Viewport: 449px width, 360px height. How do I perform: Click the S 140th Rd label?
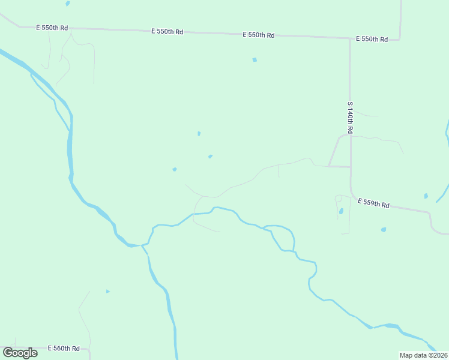349,117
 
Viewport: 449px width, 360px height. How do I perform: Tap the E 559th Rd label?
373,203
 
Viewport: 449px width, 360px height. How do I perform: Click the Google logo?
20,352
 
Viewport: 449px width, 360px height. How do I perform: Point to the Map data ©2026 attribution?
424,355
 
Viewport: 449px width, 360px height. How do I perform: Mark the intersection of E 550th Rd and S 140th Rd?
350,39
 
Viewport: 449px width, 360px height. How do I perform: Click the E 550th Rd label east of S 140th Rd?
372,39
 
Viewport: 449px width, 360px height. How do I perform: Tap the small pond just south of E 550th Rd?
255,59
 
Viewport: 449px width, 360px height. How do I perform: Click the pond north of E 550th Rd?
67,4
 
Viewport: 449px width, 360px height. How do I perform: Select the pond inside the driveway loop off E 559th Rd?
341,211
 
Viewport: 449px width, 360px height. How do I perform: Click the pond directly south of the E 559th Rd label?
383,229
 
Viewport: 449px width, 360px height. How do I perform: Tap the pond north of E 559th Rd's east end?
426,196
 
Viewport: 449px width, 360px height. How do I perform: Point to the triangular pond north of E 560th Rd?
107,292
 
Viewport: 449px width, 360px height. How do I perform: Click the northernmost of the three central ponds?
199,133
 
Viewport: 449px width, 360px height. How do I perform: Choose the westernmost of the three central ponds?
174,169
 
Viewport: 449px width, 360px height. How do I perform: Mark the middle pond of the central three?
209,157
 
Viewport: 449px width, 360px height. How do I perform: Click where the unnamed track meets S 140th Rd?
350,167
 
